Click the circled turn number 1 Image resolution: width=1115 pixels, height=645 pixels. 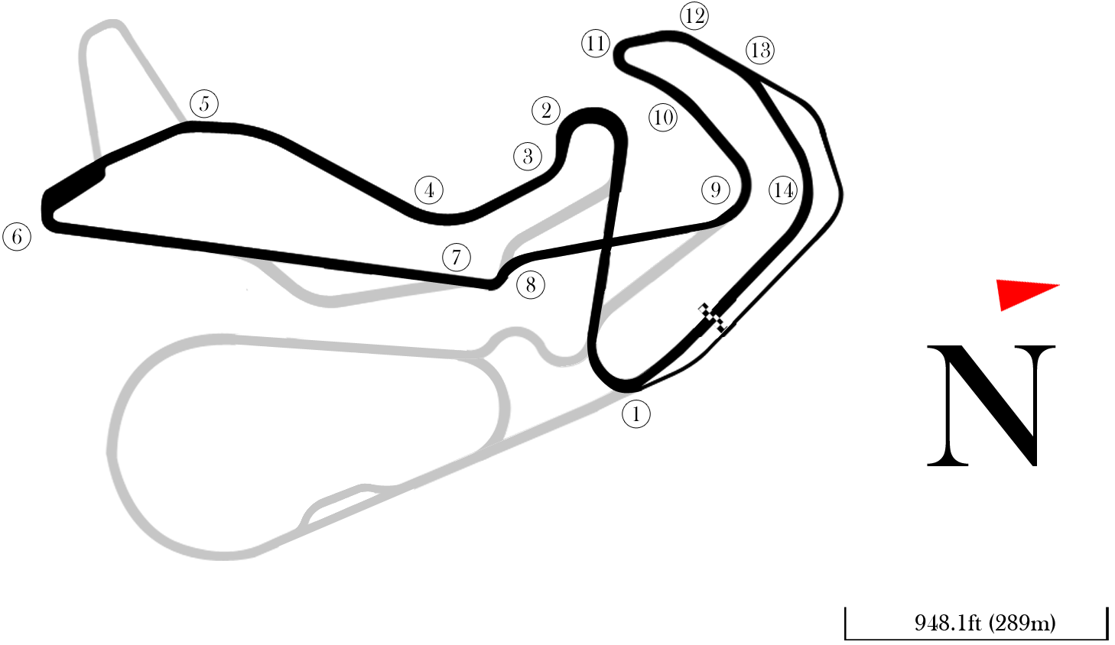tap(636, 413)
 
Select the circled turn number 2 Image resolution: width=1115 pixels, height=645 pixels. tap(546, 110)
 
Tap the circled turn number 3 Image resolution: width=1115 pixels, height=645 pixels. tap(528, 156)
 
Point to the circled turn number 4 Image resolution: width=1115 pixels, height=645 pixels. tap(429, 190)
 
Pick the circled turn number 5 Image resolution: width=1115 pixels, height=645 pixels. tap(204, 104)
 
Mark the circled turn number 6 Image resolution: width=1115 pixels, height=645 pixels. tap(17, 236)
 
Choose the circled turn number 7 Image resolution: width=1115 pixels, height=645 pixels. tap(457, 257)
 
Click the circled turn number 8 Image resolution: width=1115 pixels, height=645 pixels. tap(531, 285)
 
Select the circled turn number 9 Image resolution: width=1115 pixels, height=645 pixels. tap(715, 190)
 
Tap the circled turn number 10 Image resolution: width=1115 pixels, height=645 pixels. tap(663, 118)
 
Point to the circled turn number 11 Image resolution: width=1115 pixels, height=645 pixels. tap(596, 44)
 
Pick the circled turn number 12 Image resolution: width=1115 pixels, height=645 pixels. tap(694, 16)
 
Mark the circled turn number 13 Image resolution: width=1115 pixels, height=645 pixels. tap(760, 50)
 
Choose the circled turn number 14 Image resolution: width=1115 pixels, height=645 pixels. tap(784, 190)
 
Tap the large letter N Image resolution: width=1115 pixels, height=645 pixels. tap(991, 405)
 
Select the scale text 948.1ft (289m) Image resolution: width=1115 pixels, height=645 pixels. tap(985, 622)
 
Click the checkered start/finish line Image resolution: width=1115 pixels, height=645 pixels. tap(712, 318)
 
